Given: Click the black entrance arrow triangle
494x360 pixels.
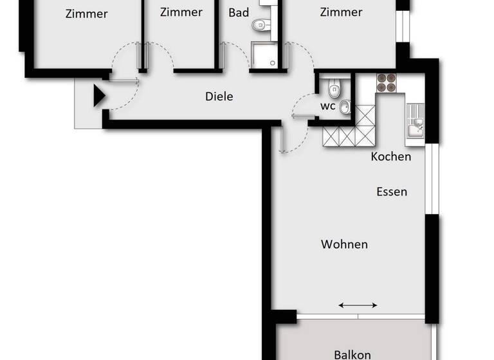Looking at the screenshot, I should coord(99,96).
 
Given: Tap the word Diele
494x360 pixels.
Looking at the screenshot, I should coord(219,96).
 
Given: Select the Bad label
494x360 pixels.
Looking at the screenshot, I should coord(239,12).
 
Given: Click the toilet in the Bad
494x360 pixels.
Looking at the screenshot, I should coord(260,26).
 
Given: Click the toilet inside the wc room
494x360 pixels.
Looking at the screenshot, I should coord(333,88).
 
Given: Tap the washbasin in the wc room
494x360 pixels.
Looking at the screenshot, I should coord(345,107).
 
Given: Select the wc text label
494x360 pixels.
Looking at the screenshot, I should coord(327,107).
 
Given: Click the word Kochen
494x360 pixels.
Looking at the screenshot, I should coord(390,156).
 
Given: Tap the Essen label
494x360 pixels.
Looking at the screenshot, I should coord(391,192).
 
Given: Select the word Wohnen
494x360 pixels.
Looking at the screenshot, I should coord(344,244).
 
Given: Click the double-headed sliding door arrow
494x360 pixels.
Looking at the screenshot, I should coord(358,305).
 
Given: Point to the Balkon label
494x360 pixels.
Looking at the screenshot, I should coord(352,354).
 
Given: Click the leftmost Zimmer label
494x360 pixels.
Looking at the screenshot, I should coord(86,14).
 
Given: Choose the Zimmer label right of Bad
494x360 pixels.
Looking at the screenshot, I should coord(340,12).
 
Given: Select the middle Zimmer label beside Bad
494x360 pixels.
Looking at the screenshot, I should coord(181,12).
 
